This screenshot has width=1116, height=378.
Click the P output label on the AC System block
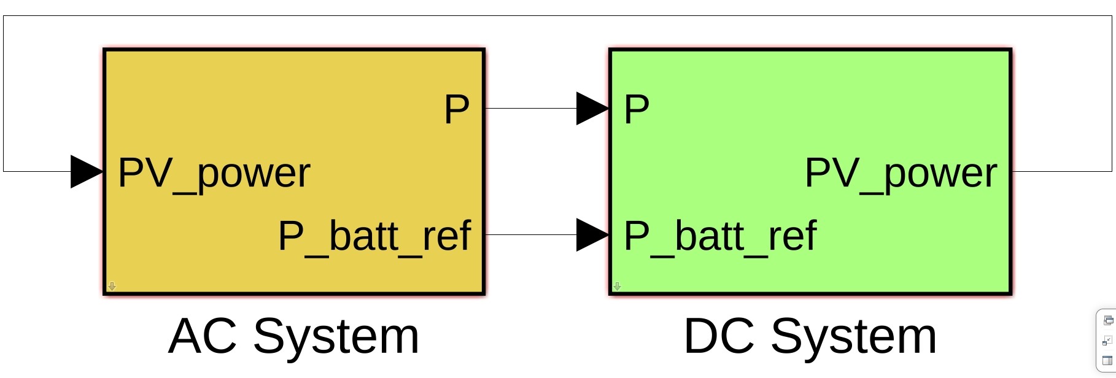(456, 110)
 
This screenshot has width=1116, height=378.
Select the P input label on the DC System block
(637, 110)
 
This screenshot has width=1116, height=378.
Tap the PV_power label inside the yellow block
(214, 174)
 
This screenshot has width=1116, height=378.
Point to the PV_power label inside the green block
(901, 174)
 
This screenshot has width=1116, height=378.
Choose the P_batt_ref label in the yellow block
(374, 236)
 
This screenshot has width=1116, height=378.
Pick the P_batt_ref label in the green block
(720, 236)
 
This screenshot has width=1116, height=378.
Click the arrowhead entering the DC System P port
(592, 109)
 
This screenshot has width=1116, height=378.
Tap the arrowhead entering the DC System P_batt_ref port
(592, 235)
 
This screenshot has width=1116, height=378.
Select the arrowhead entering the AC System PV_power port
(87, 172)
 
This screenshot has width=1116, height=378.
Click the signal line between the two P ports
(531, 109)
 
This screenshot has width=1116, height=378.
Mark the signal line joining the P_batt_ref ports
(531, 235)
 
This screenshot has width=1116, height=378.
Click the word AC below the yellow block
(202, 337)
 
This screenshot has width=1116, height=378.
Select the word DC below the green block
(718, 337)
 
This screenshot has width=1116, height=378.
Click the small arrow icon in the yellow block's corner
(112, 286)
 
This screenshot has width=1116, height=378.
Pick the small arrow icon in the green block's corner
(617, 286)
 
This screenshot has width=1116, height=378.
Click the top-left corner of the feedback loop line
(4, 16)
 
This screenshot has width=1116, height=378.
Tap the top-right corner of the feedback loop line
(1112, 16)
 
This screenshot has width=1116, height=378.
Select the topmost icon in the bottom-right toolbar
(1108, 320)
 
